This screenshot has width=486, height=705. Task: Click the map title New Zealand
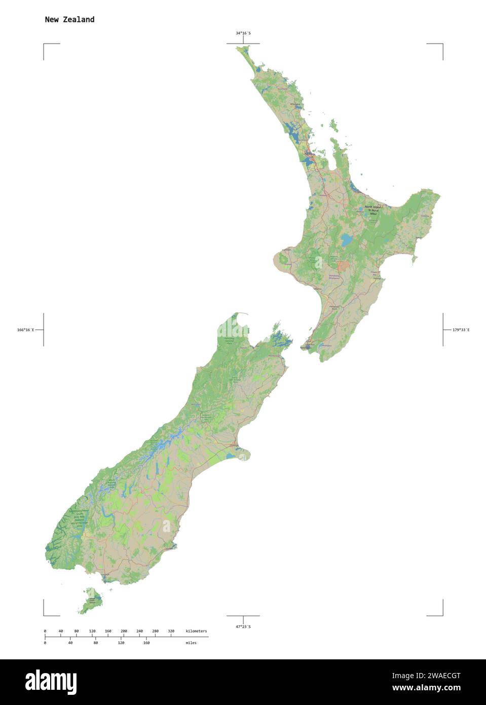point(69,19)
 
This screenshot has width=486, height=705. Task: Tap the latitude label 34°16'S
point(243,33)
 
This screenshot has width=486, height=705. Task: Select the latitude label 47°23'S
point(243,626)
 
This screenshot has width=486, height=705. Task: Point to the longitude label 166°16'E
point(25,330)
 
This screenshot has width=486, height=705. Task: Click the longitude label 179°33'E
point(461,330)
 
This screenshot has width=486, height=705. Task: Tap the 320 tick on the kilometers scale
point(171,631)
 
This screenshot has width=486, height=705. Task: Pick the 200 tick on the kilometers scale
point(124,631)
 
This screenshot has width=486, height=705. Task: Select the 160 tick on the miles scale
point(146,643)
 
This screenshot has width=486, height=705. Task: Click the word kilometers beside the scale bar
point(196,631)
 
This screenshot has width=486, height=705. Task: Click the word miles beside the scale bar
point(191,643)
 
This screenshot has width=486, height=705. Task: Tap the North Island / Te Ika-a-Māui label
point(374,210)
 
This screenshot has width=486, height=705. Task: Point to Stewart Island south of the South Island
point(91,601)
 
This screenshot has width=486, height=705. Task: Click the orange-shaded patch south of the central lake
point(344,265)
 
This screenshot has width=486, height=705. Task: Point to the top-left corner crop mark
point(44,45)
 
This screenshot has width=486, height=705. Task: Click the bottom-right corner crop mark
point(442,615)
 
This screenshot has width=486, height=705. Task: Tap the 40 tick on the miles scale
point(70,643)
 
